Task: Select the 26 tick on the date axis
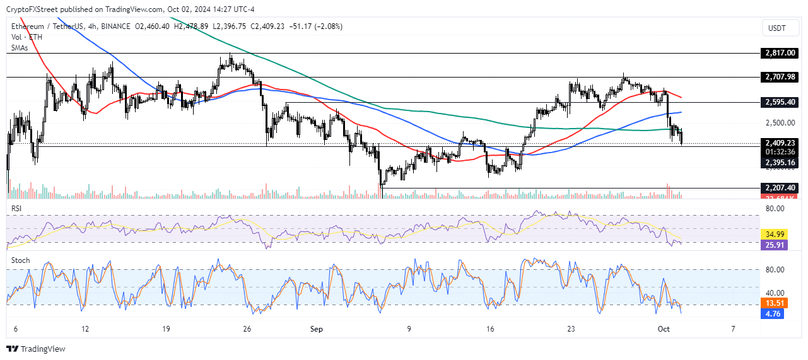tap(247, 329)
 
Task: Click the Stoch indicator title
tap(20, 258)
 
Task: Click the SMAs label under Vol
tap(20, 47)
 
